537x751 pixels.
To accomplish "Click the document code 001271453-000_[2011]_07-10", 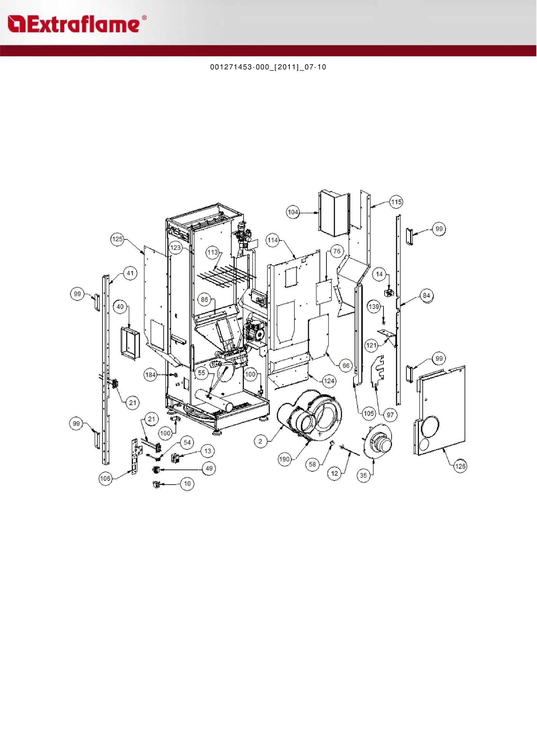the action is point(268,67).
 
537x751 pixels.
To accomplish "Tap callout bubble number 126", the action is point(460,466).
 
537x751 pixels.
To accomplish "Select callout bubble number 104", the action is point(293,212).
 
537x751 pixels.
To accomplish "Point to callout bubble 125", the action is point(117,239).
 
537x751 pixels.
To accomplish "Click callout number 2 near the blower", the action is point(261,441).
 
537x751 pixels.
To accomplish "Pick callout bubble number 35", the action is point(364,475).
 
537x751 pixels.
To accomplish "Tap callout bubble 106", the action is point(105,478).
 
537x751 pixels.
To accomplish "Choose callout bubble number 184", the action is point(151,375).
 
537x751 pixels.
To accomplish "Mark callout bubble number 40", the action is point(120,307).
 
